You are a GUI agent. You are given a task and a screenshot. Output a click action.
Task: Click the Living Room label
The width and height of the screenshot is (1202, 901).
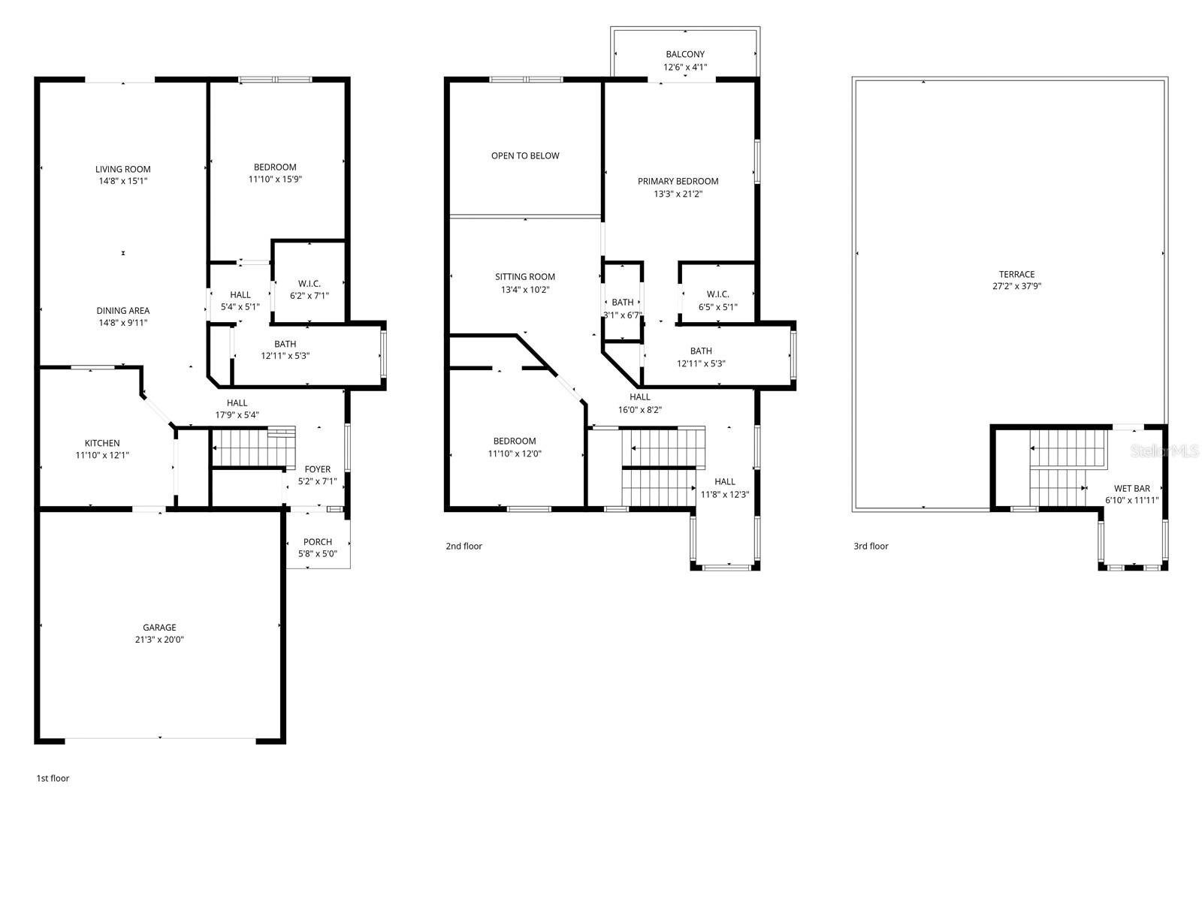point(122,170)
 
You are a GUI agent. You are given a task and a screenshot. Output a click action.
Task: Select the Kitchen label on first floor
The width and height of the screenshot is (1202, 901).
point(102,443)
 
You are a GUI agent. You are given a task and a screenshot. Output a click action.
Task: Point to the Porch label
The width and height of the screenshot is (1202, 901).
point(317,542)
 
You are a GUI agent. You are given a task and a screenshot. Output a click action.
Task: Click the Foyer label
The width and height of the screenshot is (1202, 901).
point(317,469)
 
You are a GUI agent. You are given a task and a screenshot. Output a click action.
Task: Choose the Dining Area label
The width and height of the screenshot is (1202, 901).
point(122,311)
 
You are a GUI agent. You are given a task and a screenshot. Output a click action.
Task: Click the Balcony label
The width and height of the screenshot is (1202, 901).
point(684,55)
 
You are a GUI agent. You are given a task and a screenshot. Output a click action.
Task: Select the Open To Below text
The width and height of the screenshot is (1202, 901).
point(525,156)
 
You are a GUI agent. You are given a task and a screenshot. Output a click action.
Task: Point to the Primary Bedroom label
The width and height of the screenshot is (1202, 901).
point(678,182)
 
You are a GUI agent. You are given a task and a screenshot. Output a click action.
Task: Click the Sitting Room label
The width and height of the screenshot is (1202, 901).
point(525,277)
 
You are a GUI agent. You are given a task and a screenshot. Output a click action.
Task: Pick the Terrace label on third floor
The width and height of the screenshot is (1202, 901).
point(1016,275)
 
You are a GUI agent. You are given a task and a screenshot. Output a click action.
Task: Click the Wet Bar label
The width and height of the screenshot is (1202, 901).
point(1131,489)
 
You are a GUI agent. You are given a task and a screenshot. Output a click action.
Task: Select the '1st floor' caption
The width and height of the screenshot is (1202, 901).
point(53,779)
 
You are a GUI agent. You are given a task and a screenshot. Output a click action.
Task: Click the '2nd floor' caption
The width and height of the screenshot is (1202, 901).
point(464,547)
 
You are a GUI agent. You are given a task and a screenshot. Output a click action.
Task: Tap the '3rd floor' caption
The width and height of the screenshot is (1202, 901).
point(871,547)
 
